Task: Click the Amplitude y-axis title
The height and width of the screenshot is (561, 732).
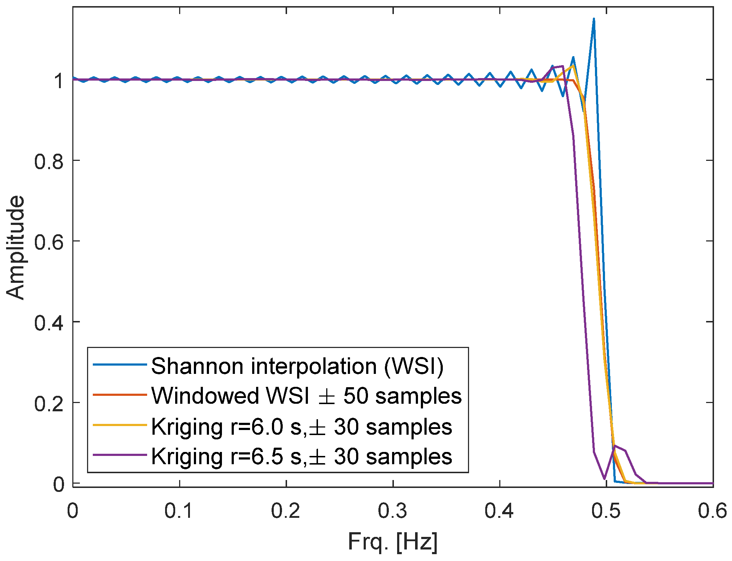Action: (15, 248)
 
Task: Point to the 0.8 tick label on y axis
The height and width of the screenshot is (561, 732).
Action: (49, 161)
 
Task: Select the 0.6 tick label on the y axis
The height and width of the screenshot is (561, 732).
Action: (49, 242)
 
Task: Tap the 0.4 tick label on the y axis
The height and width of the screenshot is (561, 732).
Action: (49, 322)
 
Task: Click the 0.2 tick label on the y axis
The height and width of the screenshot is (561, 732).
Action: (49, 403)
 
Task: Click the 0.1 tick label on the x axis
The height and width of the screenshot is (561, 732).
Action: (179, 511)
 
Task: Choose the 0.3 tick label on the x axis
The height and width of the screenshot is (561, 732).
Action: (392, 511)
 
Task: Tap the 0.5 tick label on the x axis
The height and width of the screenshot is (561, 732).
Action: (606, 511)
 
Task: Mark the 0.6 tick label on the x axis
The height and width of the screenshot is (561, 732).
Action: (712, 511)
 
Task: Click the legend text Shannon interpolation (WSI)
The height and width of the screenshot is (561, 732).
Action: (297, 366)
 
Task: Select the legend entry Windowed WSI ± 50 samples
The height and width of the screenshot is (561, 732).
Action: (306, 396)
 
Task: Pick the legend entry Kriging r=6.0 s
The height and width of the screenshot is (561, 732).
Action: (301, 427)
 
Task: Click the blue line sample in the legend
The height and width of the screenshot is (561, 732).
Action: (120, 365)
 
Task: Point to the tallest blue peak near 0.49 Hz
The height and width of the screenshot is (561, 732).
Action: (594, 19)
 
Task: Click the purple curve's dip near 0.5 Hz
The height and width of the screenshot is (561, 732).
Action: (604, 479)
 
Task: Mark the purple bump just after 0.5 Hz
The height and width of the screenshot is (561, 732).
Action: (616, 446)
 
